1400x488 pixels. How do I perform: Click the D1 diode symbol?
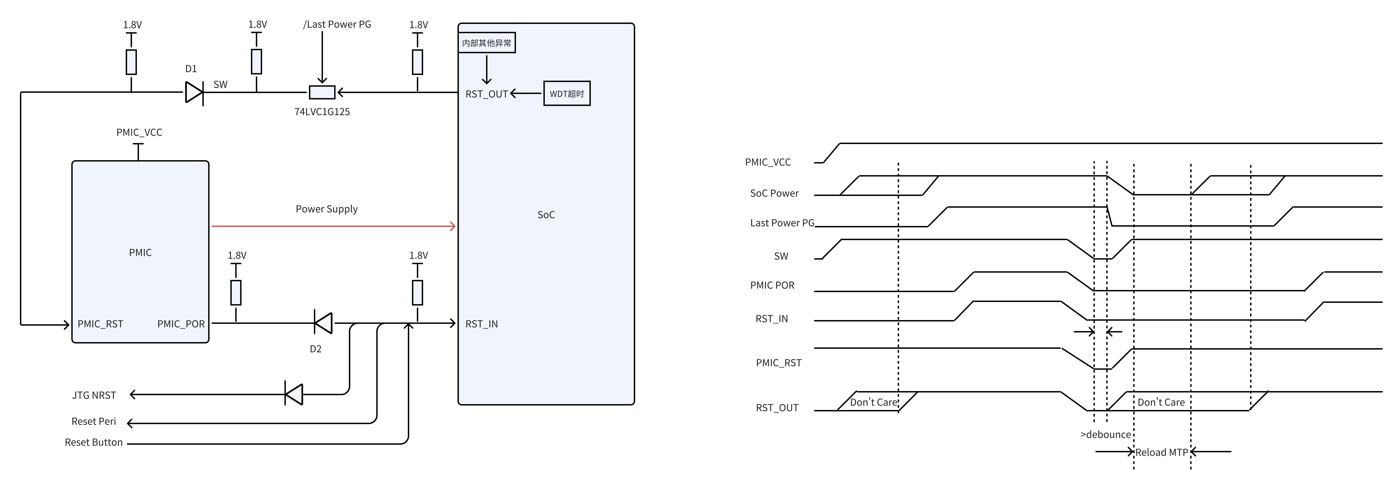point(194,92)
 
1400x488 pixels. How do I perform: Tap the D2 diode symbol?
point(323,323)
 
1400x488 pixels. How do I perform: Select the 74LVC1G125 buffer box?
point(322,92)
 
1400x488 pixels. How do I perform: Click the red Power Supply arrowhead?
point(453,226)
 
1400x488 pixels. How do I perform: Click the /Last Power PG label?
point(337,24)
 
